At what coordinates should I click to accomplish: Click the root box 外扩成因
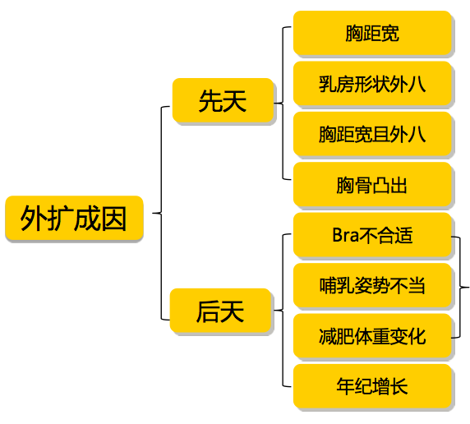tap(74, 219)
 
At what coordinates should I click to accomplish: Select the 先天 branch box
tap(222, 102)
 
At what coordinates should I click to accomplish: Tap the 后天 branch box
tap(220, 311)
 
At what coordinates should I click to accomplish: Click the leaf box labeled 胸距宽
tap(372, 34)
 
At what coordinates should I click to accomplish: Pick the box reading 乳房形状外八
tap(372, 84)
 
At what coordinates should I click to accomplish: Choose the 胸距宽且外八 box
tap(372, 134)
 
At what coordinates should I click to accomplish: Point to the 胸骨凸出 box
tap(372, 185)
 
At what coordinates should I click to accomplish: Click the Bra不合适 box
tap(372, 236)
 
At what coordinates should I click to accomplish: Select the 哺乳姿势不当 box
tap(372, 286)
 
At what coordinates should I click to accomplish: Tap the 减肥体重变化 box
tap(372, 336)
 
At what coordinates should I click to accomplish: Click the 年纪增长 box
tap(372, 387)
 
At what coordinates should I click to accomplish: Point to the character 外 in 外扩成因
tap(34, 219)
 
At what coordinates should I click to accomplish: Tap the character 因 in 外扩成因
tap(114, 219)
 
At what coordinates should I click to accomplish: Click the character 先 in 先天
tap(210, 102)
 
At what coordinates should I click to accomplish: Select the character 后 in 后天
tap(208, 311)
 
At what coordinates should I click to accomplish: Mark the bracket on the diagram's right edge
tap(463, 287)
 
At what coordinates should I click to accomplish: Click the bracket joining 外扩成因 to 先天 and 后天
tap(161, 213)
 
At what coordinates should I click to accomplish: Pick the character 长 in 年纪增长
tap(399, 387)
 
